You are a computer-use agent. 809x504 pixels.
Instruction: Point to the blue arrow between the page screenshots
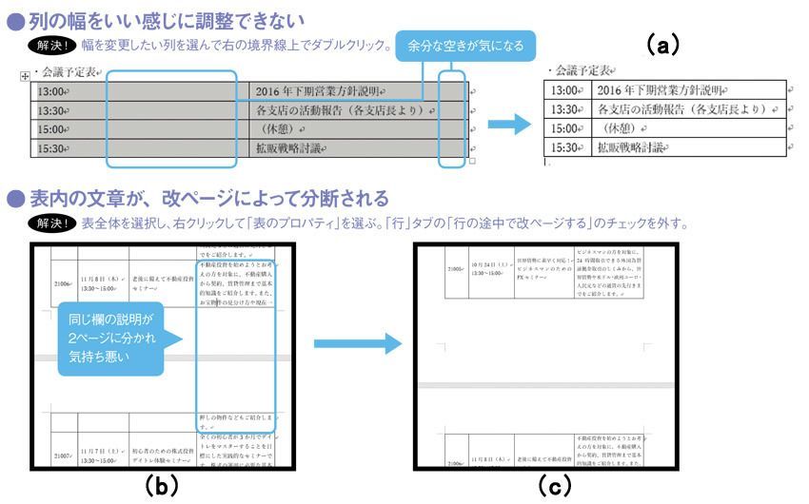point(348,347)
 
